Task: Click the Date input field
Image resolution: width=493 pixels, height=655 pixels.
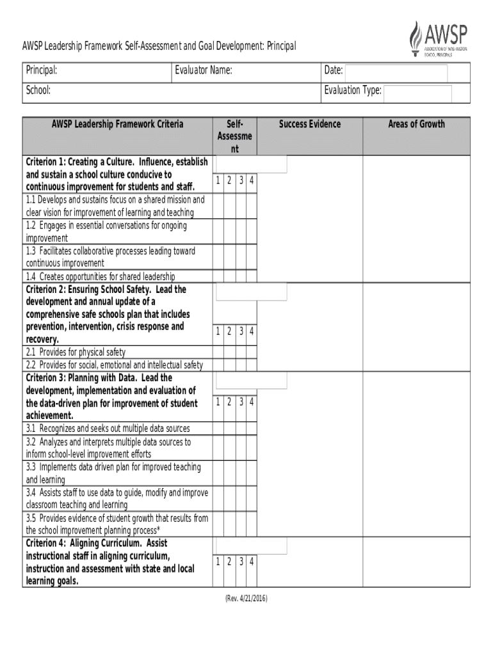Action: point(397,72)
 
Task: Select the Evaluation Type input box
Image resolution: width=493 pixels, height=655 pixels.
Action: point(417,93)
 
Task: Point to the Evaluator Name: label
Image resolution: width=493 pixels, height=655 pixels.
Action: point(203,70)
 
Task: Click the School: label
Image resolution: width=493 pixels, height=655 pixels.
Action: point(38,90)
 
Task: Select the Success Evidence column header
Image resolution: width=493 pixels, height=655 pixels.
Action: point(310,124)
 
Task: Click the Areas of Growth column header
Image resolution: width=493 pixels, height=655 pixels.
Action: point(416,124)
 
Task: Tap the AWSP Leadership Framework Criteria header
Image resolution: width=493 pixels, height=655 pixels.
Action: point(117,124)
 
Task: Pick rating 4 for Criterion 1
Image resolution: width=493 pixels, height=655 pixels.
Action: point(252,181)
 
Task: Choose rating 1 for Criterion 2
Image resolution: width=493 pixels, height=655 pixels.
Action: point(218,331)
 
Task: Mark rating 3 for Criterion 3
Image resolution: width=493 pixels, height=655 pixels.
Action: point(241,402)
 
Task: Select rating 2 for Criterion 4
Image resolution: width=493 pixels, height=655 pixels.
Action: point(229,562)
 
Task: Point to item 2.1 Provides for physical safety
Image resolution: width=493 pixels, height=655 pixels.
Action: point(76,352)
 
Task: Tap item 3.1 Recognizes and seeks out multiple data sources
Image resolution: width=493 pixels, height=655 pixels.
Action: point(108,429)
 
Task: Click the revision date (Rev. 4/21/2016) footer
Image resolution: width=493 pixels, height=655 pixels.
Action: point(246,599)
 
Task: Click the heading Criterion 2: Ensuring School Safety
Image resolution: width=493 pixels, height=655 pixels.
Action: point(106,290)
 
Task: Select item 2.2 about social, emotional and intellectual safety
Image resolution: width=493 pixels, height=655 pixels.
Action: point(114,365)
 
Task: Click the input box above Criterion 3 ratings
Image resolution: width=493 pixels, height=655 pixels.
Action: point(251,381)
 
